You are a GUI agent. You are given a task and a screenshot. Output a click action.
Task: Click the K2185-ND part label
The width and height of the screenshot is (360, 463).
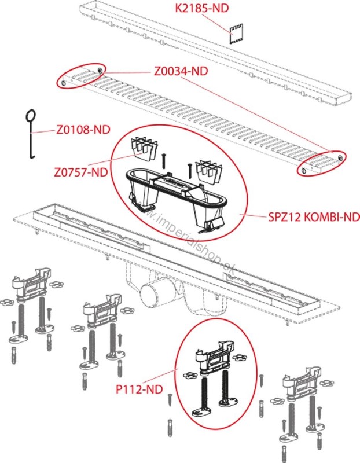[x=202, y=8]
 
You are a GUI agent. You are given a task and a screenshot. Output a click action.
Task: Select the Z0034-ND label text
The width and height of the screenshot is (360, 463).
[x=181, y=71]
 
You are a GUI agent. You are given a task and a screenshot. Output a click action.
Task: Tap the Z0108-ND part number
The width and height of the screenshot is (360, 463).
[x=83, y=129]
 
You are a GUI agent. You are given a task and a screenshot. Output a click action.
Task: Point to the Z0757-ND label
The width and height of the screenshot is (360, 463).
[x=81, y=172]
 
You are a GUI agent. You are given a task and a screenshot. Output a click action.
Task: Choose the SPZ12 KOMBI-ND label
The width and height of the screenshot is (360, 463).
[x=314, y=218]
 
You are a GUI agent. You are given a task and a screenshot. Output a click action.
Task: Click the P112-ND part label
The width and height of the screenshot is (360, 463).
[x=139, y=389]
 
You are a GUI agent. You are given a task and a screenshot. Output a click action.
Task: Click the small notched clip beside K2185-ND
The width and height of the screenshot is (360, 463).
[x=236, y=34]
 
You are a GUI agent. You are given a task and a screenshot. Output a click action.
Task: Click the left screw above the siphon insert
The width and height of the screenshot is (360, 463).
[x=164, y=161]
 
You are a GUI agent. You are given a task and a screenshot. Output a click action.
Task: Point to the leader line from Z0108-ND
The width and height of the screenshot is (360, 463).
[x=43, y=131]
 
